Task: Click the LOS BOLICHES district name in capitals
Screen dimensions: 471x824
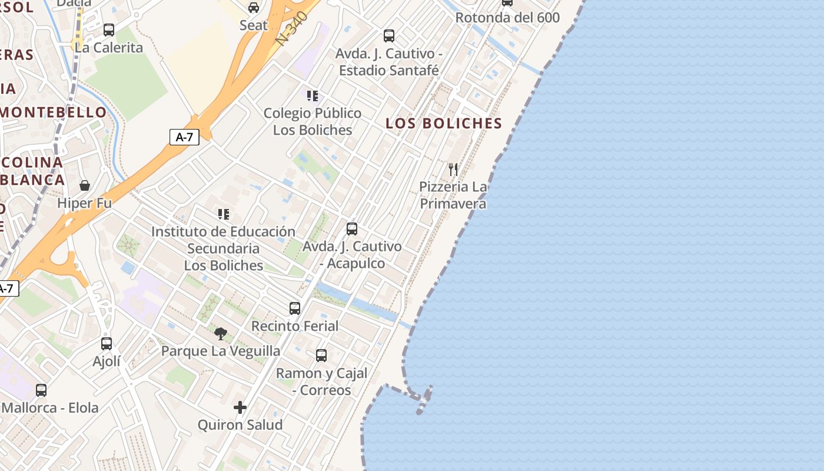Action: click(443, 124)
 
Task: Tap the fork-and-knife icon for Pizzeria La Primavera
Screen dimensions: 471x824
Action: click(453, 170)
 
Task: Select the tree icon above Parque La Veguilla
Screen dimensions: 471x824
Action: click(221, 334)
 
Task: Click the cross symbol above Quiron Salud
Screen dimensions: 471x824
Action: click(240, 407)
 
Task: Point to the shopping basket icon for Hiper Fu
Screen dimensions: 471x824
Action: click(85, 185)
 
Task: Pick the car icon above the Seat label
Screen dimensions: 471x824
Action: click(254, 8)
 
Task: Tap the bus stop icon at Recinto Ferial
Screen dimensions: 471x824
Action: click(295, 308)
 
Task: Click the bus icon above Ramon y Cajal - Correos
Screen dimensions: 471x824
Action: click(321, 355)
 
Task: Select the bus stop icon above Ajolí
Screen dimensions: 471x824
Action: click(107, 343)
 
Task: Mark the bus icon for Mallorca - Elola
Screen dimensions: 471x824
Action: click(41, 390)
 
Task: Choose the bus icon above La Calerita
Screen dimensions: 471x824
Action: click(109, 29)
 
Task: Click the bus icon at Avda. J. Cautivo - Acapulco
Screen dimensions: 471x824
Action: click(352, 228)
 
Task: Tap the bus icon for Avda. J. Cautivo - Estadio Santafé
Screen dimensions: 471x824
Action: click(389, 35)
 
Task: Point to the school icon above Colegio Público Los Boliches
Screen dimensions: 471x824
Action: click(312, 95)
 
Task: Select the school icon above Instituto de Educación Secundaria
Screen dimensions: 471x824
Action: click(223, 214)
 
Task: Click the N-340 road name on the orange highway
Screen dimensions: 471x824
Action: click(293, 28)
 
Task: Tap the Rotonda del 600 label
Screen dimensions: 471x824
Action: click(507, 18)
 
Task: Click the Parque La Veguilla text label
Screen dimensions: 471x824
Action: click(221, 351)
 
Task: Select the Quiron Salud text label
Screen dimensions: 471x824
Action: click(240, 424)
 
